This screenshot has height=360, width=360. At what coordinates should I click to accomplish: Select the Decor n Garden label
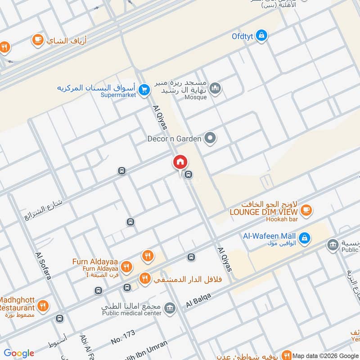click(174, 139)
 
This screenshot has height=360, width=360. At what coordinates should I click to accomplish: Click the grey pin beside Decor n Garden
click(209, 139)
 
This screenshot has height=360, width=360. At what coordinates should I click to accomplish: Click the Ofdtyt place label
click(243, 35)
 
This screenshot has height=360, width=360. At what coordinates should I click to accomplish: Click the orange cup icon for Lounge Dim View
click(306, 210)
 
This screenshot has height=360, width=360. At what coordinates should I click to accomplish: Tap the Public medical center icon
click(170, 308)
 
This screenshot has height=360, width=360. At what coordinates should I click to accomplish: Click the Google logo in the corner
click(19, 353)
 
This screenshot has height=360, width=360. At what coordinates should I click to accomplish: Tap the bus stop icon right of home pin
click(189, 175)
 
